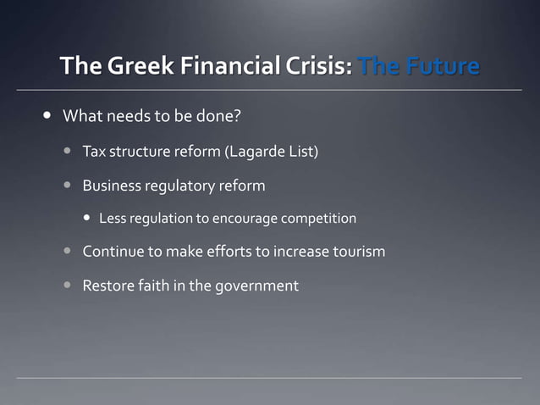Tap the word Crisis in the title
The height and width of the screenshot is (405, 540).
pos(317,65)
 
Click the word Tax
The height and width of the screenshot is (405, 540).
pos(93,153)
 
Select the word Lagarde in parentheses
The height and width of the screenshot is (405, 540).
pos(258,153)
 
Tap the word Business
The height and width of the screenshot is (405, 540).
pos(113,186)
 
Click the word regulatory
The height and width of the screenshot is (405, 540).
pos(182,186)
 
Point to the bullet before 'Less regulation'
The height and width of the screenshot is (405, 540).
pos(86,219)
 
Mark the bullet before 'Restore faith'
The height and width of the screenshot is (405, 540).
pos(67,286)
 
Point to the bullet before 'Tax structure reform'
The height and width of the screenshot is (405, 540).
pos(67,153)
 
